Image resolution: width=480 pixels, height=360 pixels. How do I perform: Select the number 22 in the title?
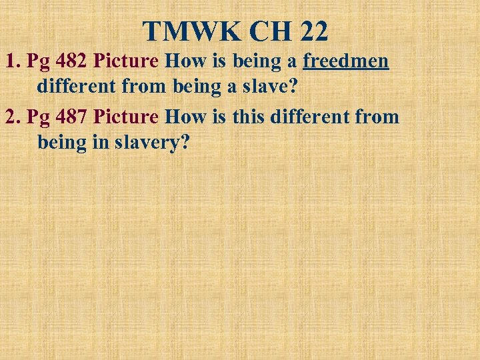tap(313, 31)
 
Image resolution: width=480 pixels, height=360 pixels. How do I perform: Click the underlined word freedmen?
tap(345, 61)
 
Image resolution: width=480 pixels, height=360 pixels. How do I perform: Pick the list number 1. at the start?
tap(13, 61)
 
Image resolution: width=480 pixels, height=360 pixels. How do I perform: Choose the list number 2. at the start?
tap(13, 117)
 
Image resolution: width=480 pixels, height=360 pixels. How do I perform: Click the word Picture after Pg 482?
tap(126, 61)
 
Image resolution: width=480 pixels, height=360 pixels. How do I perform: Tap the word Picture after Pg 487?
tap(126, 117)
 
